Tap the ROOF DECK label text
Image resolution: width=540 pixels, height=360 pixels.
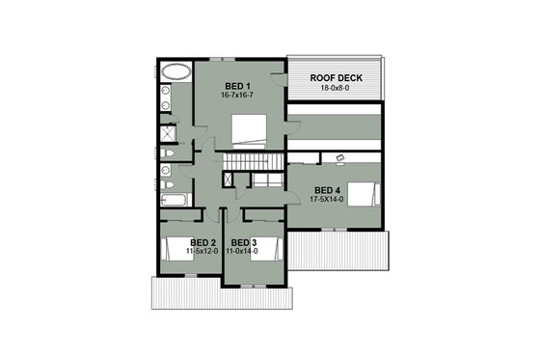[x=334, y=76]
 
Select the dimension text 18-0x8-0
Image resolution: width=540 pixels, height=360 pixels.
[x=334, y=88]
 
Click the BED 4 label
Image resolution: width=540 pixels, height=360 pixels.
[x=328, y=189]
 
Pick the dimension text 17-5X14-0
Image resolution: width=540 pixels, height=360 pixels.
[x=328, y=200]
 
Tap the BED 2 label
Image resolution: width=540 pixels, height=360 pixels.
[x=202, y=241]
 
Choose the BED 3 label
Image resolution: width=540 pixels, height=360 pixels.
[x=243, y=241]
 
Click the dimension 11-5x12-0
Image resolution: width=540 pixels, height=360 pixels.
[x=202, y=251]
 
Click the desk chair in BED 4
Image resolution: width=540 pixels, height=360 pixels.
[x=339, y=156]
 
